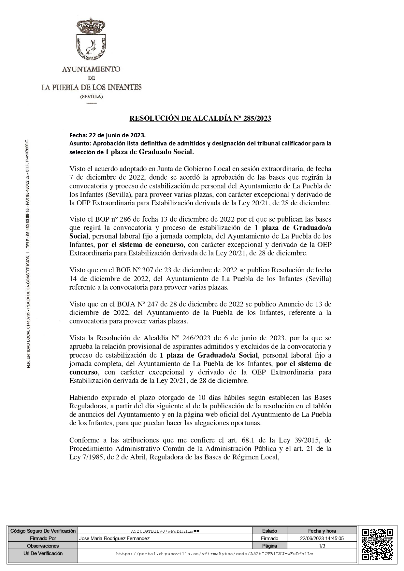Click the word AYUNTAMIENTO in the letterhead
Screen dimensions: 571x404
point(91,69)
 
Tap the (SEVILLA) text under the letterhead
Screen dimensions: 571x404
point(92,97)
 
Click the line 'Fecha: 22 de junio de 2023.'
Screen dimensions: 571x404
point(108,135)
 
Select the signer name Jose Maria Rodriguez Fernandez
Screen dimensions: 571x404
point(114,538)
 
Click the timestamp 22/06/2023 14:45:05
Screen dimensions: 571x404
point(322,538)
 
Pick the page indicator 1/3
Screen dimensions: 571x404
point(322,546)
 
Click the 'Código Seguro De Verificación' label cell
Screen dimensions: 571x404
point(43,531)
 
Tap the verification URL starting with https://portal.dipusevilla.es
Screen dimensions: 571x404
point(217,553)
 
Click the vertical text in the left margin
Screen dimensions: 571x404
point(28,254)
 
